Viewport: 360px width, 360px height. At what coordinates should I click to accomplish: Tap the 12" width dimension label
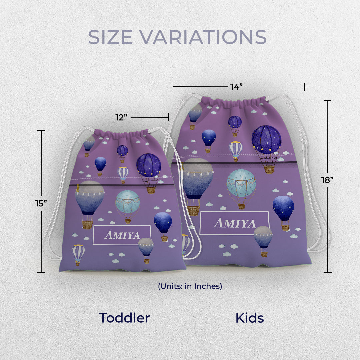(x=120, y=117)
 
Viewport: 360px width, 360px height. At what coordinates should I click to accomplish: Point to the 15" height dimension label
(x=41, y=203)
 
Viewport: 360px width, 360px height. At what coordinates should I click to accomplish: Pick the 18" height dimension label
(x=327, y=180)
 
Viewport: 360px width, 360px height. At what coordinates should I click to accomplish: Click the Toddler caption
(x=124, y=318)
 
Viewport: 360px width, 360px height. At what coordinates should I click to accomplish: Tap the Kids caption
(x=250, y=318)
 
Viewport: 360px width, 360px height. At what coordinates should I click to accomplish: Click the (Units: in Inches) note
(x=190, y=286)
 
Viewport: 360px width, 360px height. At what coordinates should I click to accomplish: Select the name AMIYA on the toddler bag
(x=122, y=235)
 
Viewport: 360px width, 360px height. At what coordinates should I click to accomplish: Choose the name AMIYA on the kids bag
(x=234, y=223)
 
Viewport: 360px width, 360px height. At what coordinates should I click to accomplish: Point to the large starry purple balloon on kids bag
(x=266, y=140)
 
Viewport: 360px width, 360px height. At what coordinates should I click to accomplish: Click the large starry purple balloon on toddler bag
(x=149, y=166)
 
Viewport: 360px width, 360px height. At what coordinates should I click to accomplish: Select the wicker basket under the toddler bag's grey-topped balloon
(x=87, y=225)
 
